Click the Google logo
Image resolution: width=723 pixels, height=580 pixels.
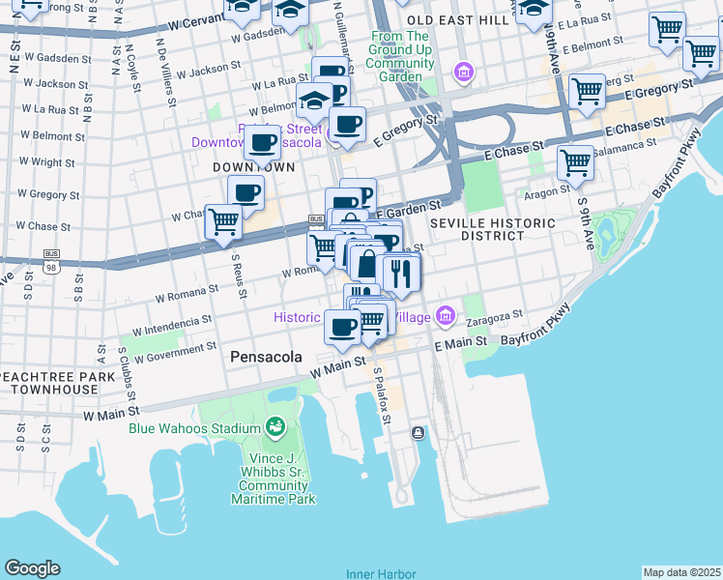[x=32, y=568]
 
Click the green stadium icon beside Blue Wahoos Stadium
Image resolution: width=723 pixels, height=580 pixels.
[x=275, y=427]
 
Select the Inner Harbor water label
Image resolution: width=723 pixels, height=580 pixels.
[x=381, y=573]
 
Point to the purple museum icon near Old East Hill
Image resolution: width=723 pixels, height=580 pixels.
[x=464, y=72]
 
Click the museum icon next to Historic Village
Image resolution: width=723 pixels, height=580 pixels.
[x=445, y=314]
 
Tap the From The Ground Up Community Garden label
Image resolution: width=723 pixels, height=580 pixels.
[x=399, y=56]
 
